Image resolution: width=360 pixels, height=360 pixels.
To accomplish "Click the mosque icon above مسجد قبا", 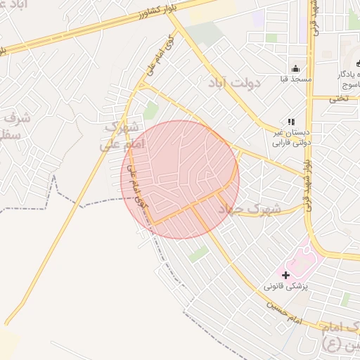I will [296, 68].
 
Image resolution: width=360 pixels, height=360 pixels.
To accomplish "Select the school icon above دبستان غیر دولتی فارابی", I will [291, 122].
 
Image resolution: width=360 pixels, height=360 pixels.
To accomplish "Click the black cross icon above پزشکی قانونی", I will [285, 274].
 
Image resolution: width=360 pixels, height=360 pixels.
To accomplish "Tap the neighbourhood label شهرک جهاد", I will [249, 210].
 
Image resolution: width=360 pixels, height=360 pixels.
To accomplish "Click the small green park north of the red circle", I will [150, 110].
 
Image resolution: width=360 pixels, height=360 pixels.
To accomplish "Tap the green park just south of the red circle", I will [198, 254].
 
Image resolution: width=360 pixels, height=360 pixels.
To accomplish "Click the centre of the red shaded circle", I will [180, 179].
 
